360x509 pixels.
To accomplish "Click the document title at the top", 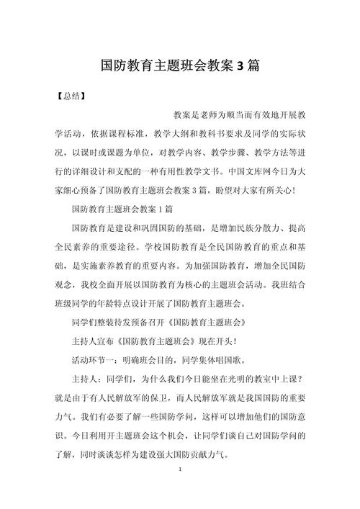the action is click(180, 66).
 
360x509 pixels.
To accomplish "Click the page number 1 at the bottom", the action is click(180, 489).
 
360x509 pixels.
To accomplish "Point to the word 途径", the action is click(145, 246).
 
